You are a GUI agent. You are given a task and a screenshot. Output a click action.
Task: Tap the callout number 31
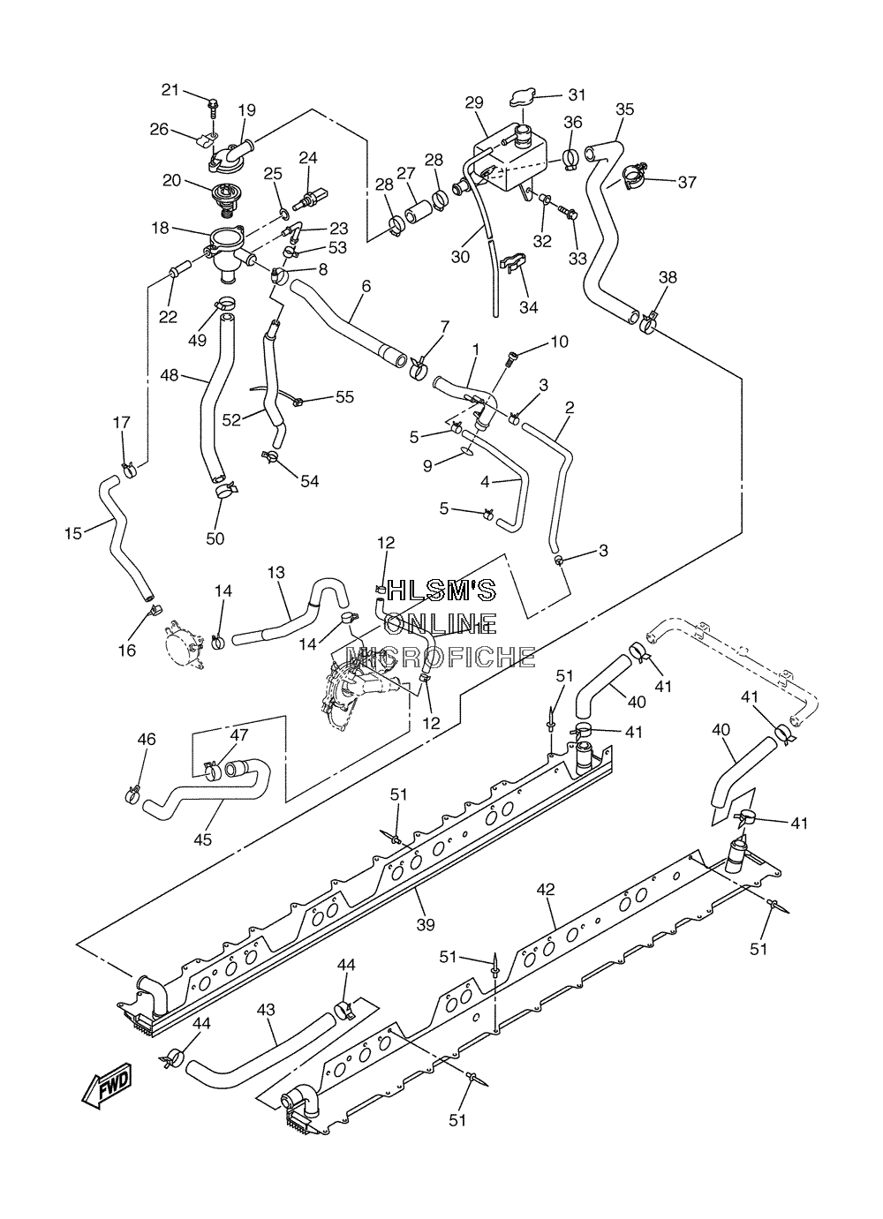pyautogui.click(x=577, y=94)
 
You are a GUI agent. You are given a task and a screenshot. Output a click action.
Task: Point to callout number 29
pyautogui.click(x=473, y=102)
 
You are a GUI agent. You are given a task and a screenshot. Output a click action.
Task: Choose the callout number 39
pyautogui.click(x=426, y=923)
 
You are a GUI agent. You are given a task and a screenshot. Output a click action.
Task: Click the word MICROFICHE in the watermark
pyautogui.click(x=441, y=658)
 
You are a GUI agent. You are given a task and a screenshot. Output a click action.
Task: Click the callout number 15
pyautogui.click(x=73, y=533)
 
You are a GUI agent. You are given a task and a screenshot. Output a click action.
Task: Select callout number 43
pyautogui.click(x=266, y=1010)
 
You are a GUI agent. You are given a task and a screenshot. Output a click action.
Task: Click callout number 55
pyautogui.click(x=344, y=396)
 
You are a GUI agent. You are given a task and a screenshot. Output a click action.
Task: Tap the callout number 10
pyautogui.click(x=559, y=342)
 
